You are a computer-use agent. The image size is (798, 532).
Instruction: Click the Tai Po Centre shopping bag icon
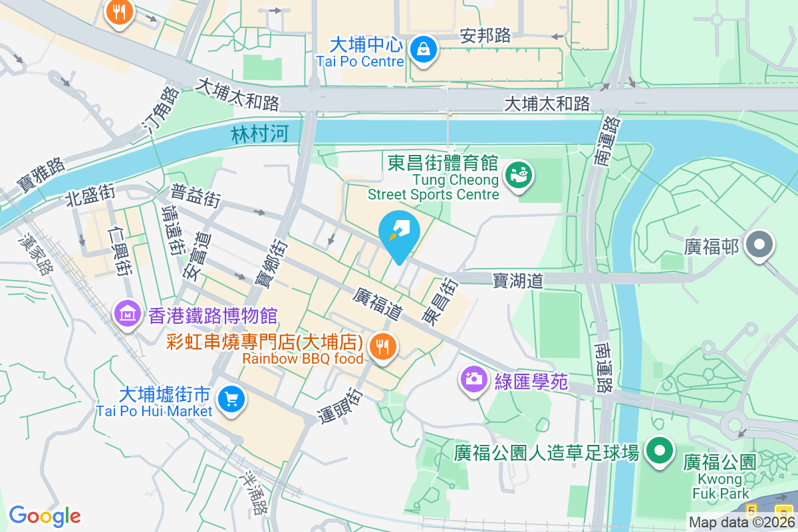(x=422, y=49)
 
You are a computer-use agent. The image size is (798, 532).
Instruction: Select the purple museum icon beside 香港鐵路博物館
(x=127, y=313)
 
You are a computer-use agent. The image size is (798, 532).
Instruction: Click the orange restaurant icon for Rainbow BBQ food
(x=382, y=346)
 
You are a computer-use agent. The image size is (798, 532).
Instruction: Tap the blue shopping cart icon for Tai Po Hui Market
(x=231, y=399)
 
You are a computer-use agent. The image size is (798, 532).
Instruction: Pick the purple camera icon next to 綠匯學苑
(x=473, y=380)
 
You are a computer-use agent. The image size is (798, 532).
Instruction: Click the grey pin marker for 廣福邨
(x=759, y=245)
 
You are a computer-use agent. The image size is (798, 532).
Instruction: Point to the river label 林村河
(x=259, y=135)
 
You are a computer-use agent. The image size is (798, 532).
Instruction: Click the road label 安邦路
(x=485, y=36)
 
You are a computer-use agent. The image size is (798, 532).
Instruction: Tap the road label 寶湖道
(x=518, y=281)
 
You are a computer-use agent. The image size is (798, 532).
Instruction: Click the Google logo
(x=45, y=516)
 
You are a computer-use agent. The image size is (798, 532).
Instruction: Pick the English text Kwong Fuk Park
(x=720, y=487)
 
